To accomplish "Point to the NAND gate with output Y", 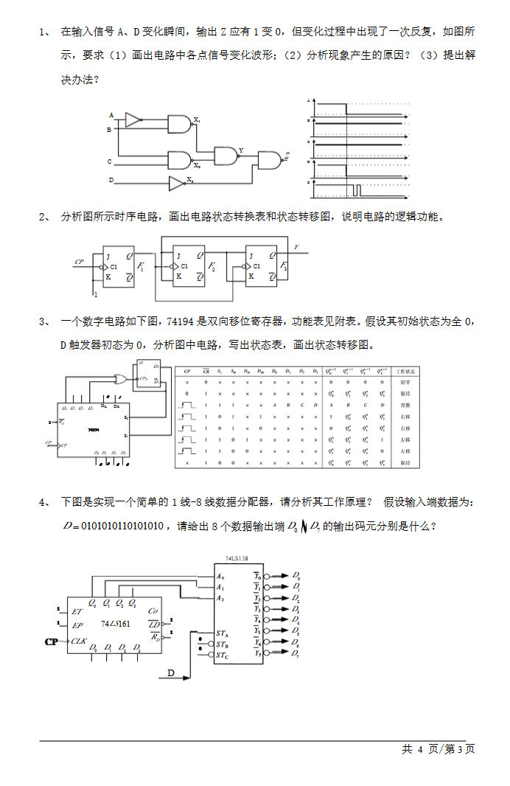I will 226,155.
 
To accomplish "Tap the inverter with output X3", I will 177,183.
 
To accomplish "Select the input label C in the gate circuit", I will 110,161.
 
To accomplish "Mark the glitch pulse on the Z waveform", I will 355,191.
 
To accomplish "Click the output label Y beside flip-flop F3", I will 296,247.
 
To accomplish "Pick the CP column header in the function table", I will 187,371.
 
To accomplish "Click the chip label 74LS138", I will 237,559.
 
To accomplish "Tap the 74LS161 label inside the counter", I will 116,625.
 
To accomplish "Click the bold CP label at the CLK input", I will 52,642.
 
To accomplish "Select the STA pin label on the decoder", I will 222,633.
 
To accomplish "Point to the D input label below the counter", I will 170,672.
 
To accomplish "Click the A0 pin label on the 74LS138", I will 220,576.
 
